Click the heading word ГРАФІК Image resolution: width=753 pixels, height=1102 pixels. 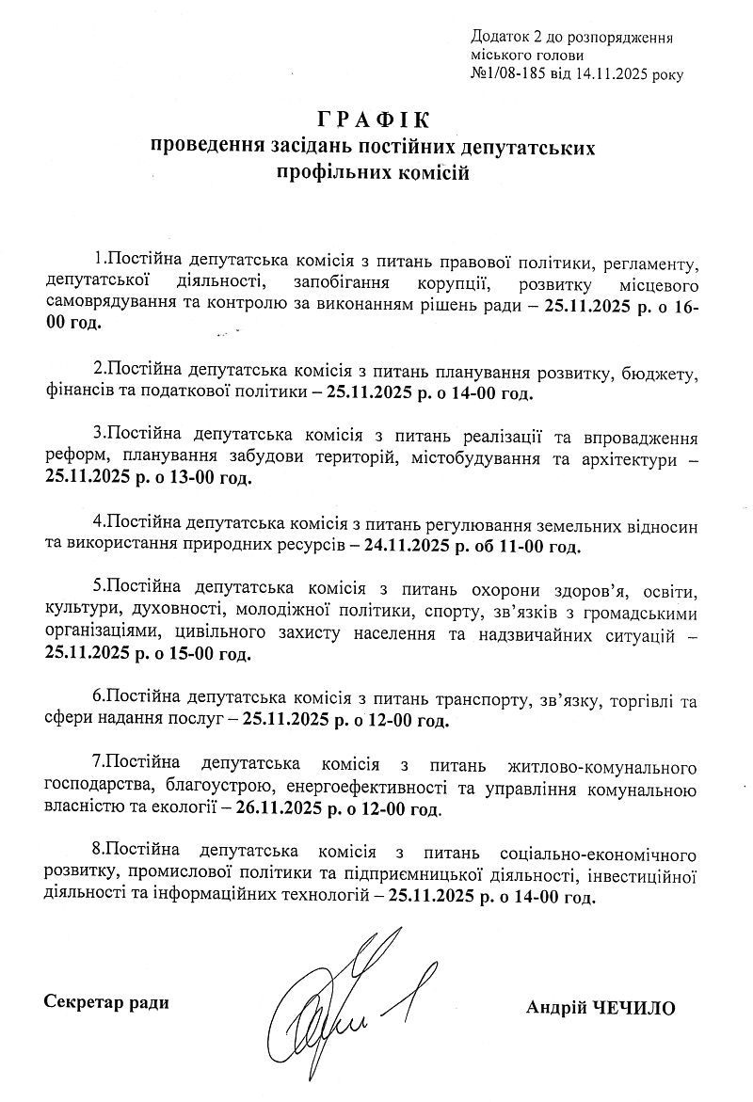tap(372, 120)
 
